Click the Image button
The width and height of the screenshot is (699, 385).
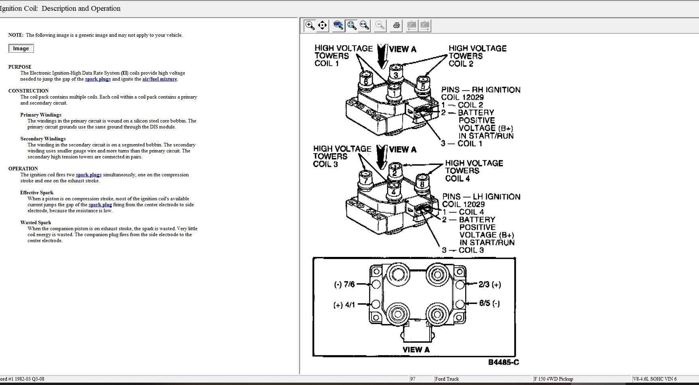click(x=21, y=48)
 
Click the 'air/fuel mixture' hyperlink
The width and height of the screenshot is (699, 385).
click(x=160, y=79)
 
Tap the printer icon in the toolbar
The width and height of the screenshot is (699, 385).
click(x=396, y=26)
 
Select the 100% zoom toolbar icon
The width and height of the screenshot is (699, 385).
click(x=338, y=26)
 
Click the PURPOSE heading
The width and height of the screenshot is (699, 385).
click(x=20, y=67)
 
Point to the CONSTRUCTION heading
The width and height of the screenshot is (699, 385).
click(x=28, y=91)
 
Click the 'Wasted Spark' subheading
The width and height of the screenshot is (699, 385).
click(x=36, y=223)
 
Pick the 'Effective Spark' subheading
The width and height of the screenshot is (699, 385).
click(x=37, y=193)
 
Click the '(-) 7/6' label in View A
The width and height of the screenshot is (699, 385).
click(x=344, y=284)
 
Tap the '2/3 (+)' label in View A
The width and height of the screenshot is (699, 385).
click(x=490, y=284)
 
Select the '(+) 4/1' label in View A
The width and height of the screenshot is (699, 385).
click(x=344, y=305)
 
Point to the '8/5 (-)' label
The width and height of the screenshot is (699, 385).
click(x=490, y=303)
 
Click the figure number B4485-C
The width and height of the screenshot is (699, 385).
click(x=504, y=362)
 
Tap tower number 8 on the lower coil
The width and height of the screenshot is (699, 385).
click(x=422, y=184)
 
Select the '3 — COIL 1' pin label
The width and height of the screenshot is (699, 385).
click(x=462, y=144)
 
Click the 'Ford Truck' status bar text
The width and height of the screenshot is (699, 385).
click(x=447, y=379)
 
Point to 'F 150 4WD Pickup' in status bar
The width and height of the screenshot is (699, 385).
click(x=553, y=379)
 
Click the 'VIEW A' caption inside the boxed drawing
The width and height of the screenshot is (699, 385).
click(x=416, y=349)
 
